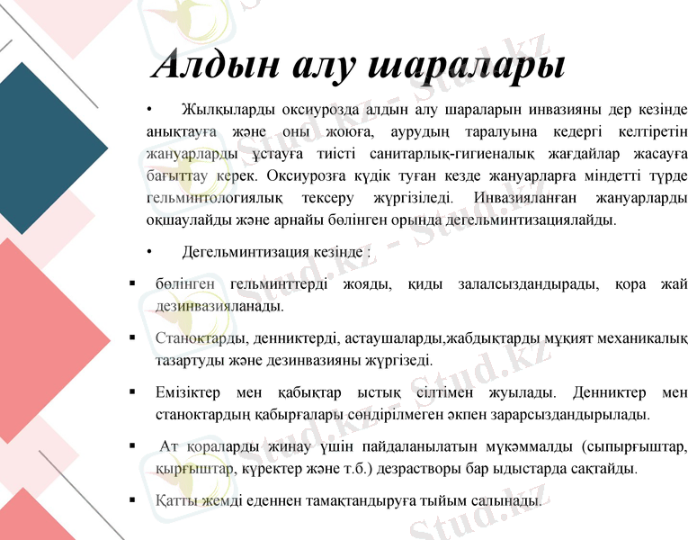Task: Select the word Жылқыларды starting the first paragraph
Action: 228,110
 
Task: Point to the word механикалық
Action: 636,339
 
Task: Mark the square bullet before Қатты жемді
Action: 133,499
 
